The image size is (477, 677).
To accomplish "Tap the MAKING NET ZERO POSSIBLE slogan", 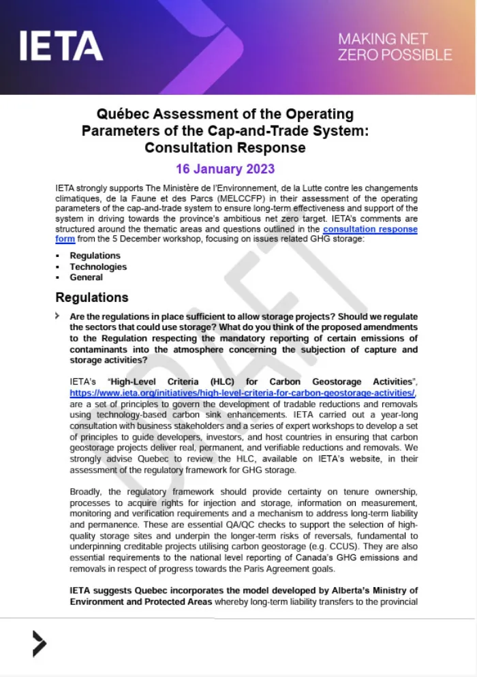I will coord(395,46).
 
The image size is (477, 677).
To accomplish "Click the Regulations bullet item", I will coord(95,256).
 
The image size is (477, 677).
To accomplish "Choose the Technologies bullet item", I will coord(98,267).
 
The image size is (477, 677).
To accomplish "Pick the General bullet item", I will coord(86,277).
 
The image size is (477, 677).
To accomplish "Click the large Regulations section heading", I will coord(91,297).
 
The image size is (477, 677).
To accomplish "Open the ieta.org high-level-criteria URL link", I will coord(243,393).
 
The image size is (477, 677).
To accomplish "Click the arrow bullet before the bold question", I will coord(60,316).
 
